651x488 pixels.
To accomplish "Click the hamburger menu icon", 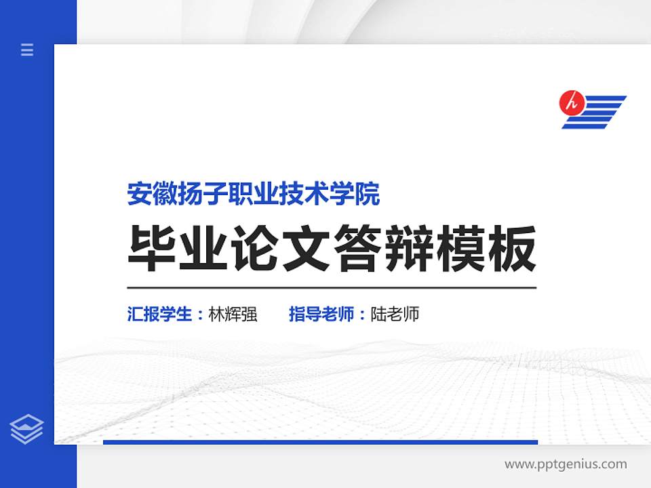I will click(x=27, y=49).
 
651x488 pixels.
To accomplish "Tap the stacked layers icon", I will click(x=27, y=429).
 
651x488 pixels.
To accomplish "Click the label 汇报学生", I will click(x=160, y=314).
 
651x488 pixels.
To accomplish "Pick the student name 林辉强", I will click(x=233, y=314).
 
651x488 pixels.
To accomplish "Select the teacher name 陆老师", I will click(x=395, y=314).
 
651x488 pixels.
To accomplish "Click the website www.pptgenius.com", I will click(x=566, y=465).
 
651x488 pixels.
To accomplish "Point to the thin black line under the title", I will click(x=332, y=288).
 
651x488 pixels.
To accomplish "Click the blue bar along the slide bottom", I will click(x=320, y=442).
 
